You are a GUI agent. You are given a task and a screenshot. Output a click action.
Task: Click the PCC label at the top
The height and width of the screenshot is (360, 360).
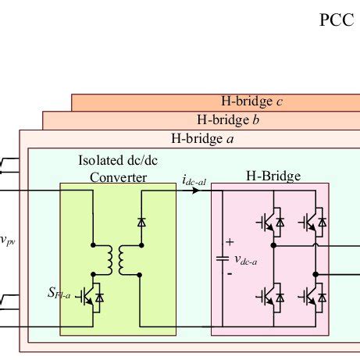(336, 20)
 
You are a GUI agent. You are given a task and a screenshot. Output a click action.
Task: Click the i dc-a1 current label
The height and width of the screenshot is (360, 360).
(194, 181)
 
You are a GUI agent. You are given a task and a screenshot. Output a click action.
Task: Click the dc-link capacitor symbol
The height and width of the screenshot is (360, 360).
(222, 258)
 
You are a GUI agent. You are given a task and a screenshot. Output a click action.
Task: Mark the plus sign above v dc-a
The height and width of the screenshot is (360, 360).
(230, 243)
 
